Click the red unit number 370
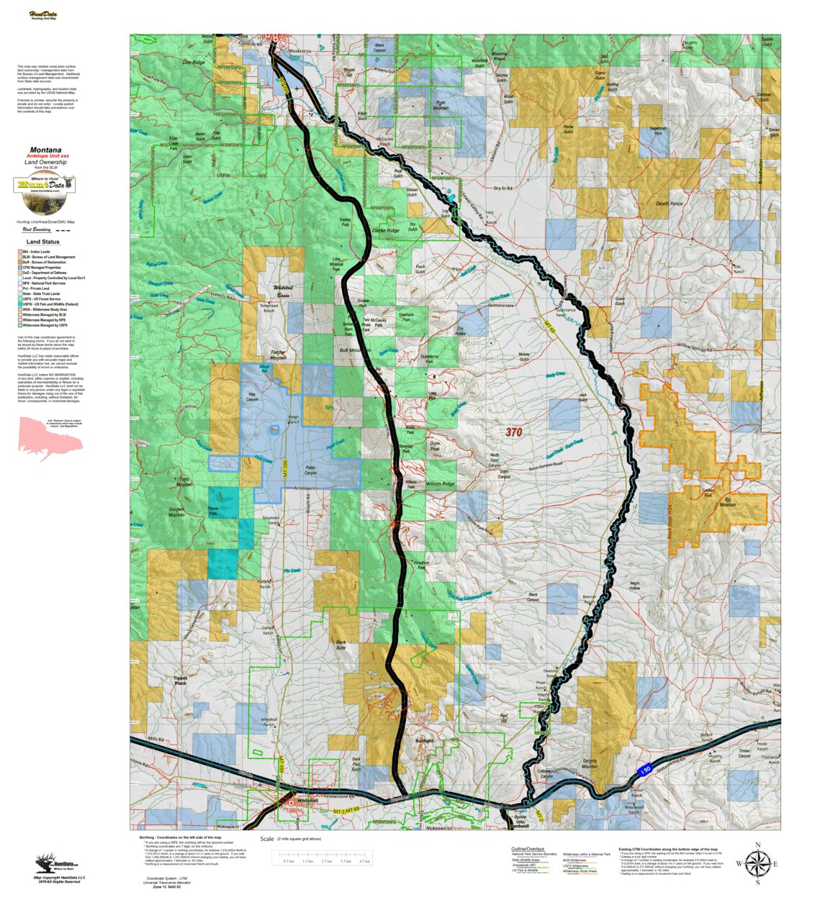click(513, 432)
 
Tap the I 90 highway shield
click(647, 771)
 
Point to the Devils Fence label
click(669, 204)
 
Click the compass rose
click(757, 863)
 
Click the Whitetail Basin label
click(283, 291)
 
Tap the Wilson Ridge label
click(439, 484)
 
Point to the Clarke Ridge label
click(385, 231)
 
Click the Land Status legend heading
click(43, 242)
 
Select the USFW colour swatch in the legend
click(19, 304)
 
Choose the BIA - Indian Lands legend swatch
click(19, 252)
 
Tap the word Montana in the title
click(45, 150)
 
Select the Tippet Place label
click(180, 681)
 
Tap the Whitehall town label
click(307, 801)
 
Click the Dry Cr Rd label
click(503, 188)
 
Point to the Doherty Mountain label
click(590, 764)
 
